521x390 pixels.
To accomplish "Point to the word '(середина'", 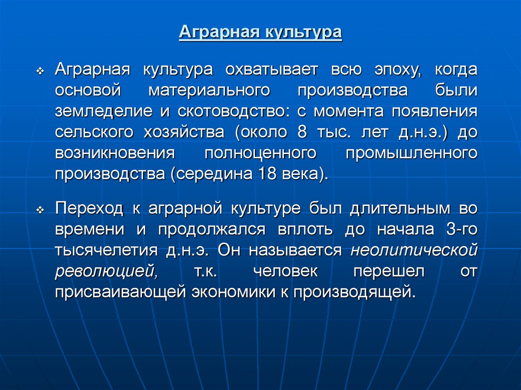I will (209, 174).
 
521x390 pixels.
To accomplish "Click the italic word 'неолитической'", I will (414, 250).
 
